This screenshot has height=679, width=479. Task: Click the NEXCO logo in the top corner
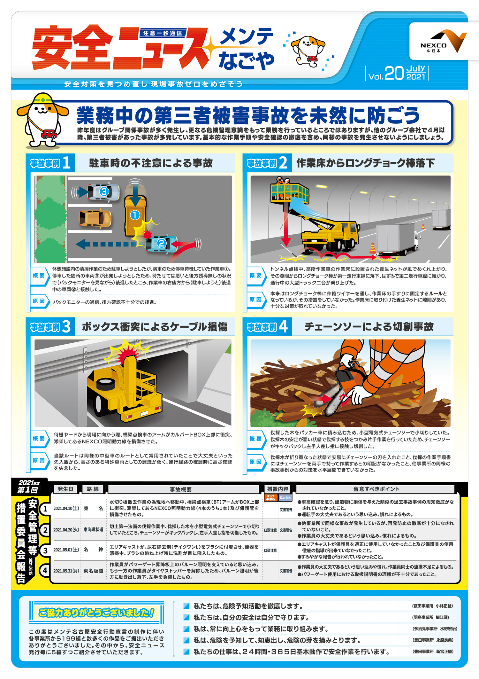click(443, 42)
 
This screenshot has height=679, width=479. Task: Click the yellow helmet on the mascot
click(43, 98)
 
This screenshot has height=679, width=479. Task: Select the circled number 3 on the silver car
click(104, 191)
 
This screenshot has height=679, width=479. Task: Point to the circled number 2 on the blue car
click(161, 243)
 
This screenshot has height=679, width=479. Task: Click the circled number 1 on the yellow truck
click(135, 215)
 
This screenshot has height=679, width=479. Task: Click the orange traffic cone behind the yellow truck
click(372, 248)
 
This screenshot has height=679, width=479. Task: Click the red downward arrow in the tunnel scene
click(285, 224)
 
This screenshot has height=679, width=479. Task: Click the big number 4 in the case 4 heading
click(283, 326)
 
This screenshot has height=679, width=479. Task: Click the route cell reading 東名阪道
click(93, 571)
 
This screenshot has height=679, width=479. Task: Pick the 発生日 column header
click(65, 489)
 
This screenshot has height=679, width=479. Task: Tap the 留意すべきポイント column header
click(376, 489)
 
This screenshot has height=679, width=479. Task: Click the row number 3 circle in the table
click(46, 550)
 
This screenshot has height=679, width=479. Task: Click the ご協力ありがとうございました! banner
click(96, 613)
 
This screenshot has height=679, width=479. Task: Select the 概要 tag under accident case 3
click(39, 439)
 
